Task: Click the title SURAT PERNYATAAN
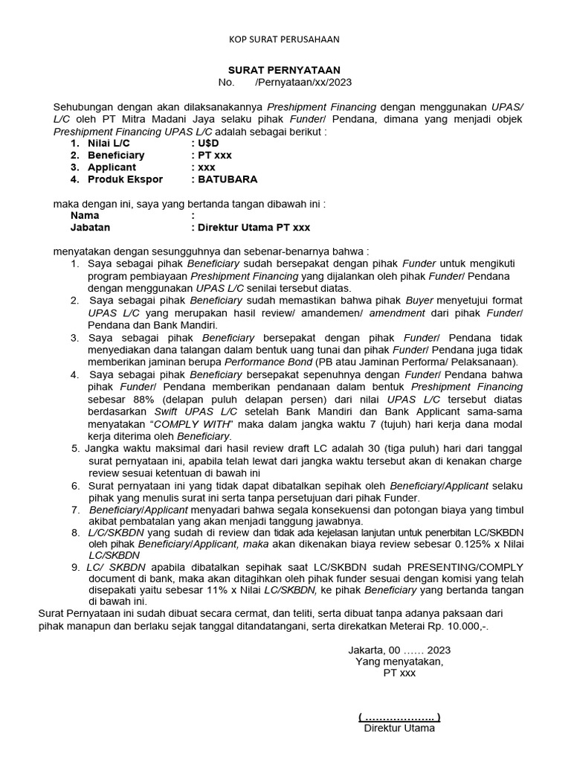(284, 69)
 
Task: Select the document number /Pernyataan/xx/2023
(303, 82)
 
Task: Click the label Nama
(85, 215)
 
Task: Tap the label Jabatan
(90, 227)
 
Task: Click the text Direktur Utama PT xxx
(253, 227)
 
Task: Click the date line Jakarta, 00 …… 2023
(399, 650)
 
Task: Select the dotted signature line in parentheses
(399, 717)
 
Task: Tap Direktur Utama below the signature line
(399, 729)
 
